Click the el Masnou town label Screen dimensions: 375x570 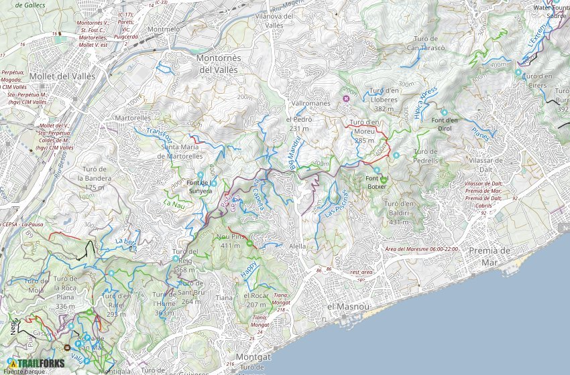[x=348, y=306]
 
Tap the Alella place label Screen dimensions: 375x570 [x=297, y=246]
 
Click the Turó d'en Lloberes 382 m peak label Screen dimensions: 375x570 [x=384, y=99]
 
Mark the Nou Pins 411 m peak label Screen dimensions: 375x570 [x=230, y=241]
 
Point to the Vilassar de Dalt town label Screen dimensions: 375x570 [x=495, y=165]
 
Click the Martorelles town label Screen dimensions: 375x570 [x=132, y=118]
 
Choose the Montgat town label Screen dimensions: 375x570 [x=253, y=358]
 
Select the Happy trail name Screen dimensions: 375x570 [x=249, y=270]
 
